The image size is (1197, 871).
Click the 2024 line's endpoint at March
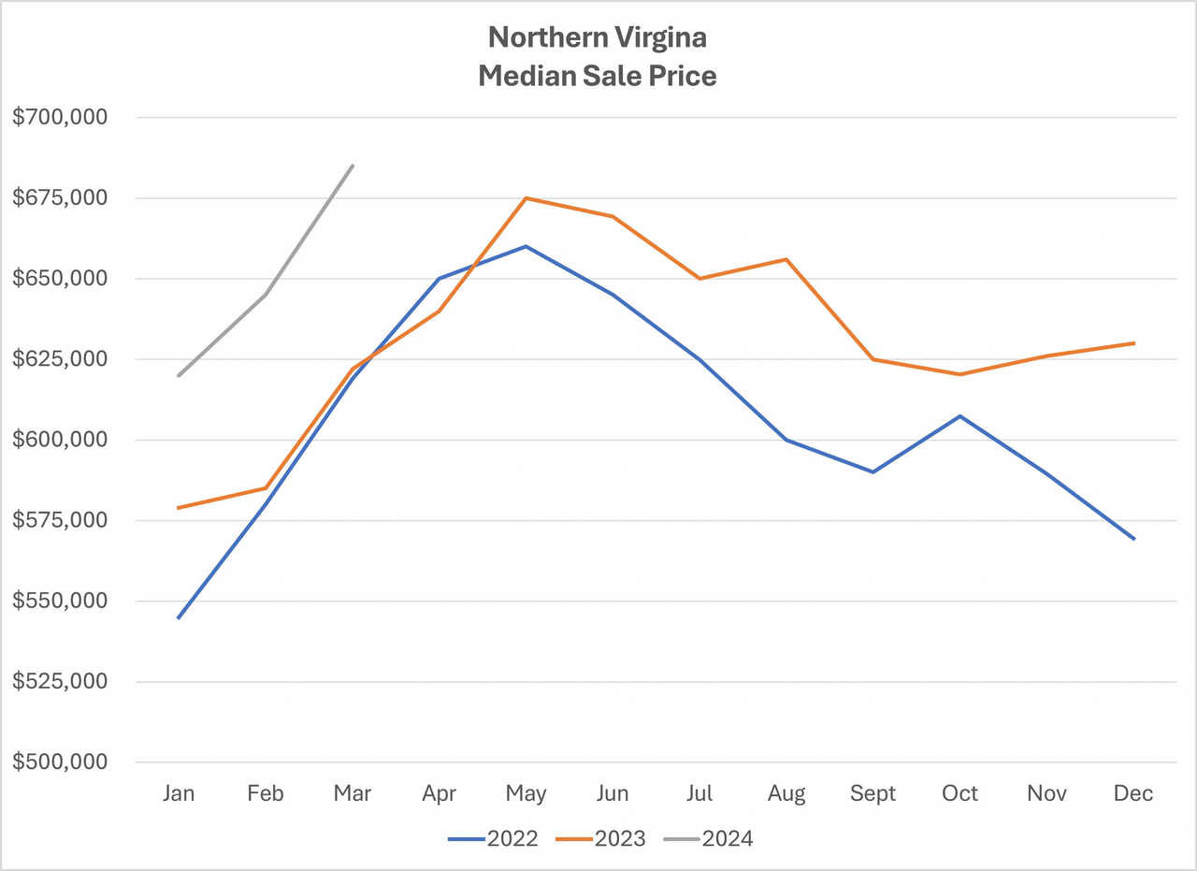coord(353,166)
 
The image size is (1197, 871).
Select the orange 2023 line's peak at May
coord(526,198)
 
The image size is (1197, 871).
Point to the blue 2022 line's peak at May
coord(526,246)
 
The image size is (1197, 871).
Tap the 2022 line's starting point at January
coord(178,618)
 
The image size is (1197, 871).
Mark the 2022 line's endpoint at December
coord(1134,539)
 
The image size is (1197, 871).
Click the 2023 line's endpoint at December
coord(1134,343)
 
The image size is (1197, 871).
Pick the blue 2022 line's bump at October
coord(960,415)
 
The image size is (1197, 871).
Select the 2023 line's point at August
coord(786,259)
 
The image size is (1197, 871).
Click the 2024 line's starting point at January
coord(178,375)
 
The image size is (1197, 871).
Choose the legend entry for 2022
coord(494,838)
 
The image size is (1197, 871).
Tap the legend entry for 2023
coord(601,838)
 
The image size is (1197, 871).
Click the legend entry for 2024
coord(709,838)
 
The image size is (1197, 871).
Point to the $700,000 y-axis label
coord(61,118)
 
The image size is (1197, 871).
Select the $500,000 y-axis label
coord(61,762)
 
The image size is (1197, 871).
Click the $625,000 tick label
coord(61,359)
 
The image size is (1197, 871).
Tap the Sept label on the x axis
coord(873,794)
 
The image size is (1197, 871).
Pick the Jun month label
coord(613,794)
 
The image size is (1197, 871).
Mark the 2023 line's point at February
coord(266,487)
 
